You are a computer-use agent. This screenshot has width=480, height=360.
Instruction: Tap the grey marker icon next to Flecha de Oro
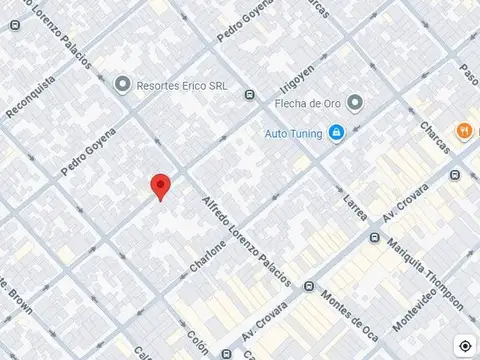coord(357,102)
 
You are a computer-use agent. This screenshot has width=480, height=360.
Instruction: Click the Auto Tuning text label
coord(295,132)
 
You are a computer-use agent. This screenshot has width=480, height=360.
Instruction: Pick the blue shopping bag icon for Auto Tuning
coord(338,132)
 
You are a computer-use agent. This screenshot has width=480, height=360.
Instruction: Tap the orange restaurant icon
coord(463,131)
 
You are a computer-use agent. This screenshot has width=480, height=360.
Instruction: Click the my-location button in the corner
coord(466,345)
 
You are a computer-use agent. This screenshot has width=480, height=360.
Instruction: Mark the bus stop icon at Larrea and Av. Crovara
coord(375,238)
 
